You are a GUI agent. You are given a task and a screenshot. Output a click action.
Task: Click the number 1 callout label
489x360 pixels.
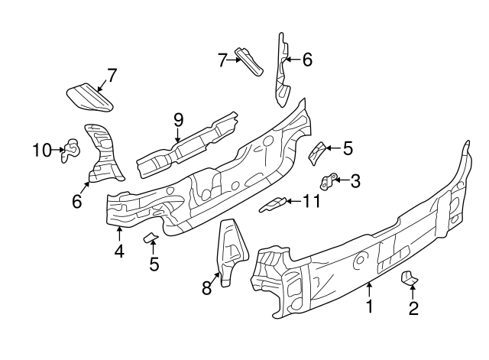pos(369,308)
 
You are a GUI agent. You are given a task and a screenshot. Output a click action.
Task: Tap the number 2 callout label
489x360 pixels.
pos(413,309)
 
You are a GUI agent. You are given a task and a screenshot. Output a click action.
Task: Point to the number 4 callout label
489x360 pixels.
pos(119,250)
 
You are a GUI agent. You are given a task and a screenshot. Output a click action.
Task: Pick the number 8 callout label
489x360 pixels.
pos(206,288)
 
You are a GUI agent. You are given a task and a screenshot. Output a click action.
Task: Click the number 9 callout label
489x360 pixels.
pos(179,120)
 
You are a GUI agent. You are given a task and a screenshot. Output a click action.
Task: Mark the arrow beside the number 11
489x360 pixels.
pos(291,202)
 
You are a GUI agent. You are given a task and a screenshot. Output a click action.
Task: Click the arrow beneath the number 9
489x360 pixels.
pos(179,136)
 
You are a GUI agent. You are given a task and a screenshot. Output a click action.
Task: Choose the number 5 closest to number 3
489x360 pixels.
pos(348,148)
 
